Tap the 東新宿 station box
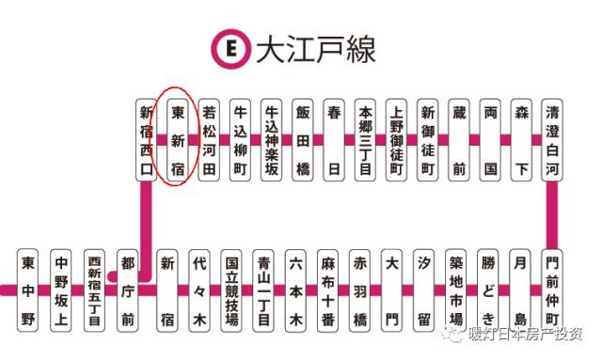[x=177, y=140]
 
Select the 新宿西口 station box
[x=146, y=140]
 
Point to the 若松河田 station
[x=209, y=140]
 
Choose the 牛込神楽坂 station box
[x=272, y=140]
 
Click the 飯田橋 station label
[x=303, y=140]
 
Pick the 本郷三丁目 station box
[x=366, y=140]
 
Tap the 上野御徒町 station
[x=397, y=140]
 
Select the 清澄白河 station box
[x=554, y=140]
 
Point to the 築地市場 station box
[x=456, y=290]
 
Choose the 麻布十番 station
[x=328, y=290]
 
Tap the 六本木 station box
[x=296, y=290]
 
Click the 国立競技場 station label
[x=232, y=290]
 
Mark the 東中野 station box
[x=29, y=290]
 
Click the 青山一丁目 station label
[x=264, y=290]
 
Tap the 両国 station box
[x=490, y=140]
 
